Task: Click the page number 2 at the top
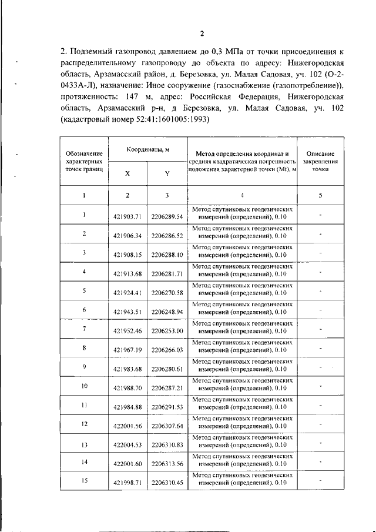click(201, 33)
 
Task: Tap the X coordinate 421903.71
click(127, 216)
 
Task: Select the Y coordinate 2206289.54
click(167, 216)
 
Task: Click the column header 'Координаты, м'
click(147, 150)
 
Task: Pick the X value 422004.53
click(127, 444)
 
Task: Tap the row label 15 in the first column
click(85, 481)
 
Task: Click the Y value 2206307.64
click(167, 426)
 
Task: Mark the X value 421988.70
click(127, 387)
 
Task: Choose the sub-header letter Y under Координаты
click(167, 173)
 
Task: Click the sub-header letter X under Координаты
click(127, 173)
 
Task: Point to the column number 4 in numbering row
click(242, 195)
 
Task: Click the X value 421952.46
click(127, 330)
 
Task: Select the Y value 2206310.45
click(167, 483)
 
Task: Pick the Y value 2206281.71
click(167, 273)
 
